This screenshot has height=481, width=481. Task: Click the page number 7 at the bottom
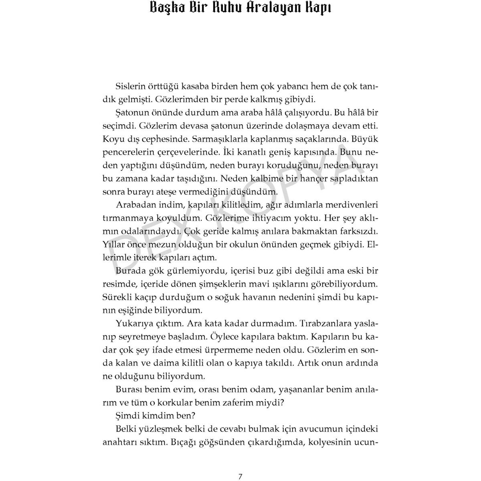pyautogui.click(x=240, y=465)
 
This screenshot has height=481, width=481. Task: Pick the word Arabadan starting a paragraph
pyautogui.click(x=135, y=205)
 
